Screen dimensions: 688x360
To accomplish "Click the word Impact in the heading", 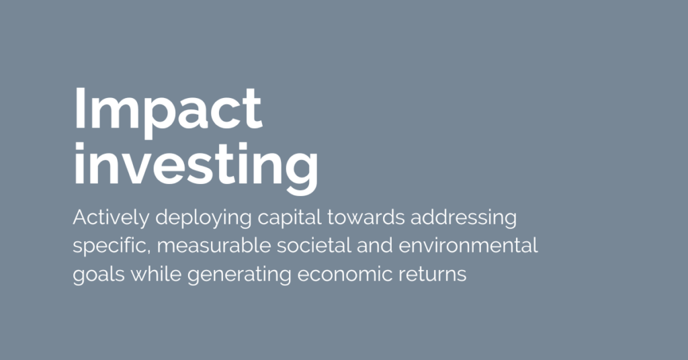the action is [x=168, y=112].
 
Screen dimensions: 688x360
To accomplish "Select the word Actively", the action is [x=111, y=218].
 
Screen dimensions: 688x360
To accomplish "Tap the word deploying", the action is [x=204, y=218].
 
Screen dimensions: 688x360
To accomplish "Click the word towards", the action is [x=366, y=218].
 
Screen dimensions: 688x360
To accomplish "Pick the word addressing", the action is [x=464, y=218].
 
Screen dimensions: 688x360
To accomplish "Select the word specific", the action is [x=111, y=246].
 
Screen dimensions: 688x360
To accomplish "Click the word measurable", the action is [x=214, y=246].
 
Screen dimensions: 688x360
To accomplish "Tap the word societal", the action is [x=314, y=246].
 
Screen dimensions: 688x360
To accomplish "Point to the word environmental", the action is [x=468, y=246].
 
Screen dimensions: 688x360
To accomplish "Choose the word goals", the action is [x=99, y=275].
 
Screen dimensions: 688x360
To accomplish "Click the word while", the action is [x=156, y=273].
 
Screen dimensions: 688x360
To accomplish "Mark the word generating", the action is [x=240, y=275].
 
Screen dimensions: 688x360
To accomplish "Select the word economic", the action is [x=345, y=273].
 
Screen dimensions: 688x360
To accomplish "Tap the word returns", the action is [x=432, y=275].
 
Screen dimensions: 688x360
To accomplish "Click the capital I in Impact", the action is [x=79, y=108].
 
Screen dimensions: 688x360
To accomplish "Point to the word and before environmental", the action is [x=375, y=246].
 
